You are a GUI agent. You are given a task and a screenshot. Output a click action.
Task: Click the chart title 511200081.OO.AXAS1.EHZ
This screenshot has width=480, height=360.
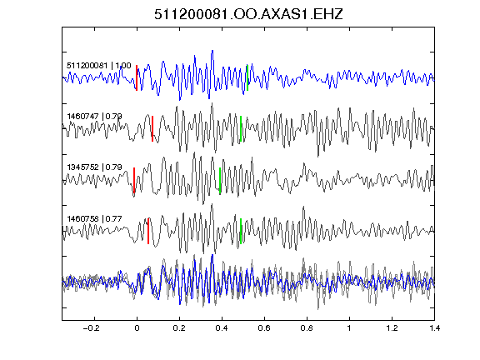coord(248,14)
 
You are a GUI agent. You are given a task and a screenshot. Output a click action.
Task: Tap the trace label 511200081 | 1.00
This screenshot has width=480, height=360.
coord(99,66)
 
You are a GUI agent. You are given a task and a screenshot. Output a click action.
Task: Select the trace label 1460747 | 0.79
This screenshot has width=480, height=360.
coord(95,117)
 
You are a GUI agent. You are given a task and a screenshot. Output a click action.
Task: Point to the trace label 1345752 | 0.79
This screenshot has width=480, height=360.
coord(95,167)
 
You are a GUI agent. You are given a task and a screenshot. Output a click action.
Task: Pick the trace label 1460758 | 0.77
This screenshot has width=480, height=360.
coord(95,218)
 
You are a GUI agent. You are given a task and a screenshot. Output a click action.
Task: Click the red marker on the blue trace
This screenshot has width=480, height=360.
coord(137,77)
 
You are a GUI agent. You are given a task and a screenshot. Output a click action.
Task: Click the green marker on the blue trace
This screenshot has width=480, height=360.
coord(247,77)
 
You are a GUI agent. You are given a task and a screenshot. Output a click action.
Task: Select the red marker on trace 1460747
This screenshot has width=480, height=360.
coord(152,128)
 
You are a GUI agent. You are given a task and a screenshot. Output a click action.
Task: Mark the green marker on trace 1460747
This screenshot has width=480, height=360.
coord(241,128)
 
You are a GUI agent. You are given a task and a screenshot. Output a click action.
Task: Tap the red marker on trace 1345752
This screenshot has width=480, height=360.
coord(134,180)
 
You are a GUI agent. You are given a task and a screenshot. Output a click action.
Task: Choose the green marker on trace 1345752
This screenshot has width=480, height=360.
coord(220,180)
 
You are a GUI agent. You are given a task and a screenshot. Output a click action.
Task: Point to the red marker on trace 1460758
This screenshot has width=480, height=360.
coord(148,231)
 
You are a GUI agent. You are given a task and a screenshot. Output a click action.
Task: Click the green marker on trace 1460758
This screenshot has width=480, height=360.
coord(241,231)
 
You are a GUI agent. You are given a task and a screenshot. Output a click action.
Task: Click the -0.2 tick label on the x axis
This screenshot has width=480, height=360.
coord(92,328)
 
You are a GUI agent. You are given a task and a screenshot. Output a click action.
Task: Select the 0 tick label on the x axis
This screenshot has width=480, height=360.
coord(137,328)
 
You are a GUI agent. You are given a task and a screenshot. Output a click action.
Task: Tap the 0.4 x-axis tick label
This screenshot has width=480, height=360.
coord(222,328)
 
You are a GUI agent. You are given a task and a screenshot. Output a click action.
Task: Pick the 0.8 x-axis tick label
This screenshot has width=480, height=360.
coord(307,328)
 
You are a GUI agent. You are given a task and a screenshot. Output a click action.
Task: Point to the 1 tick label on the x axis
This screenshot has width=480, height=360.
coord(349,328)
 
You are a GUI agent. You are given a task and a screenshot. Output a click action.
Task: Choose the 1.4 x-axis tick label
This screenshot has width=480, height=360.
coord(434,328)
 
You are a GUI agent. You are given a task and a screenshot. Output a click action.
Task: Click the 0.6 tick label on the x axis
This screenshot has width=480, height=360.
coord(264,328)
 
